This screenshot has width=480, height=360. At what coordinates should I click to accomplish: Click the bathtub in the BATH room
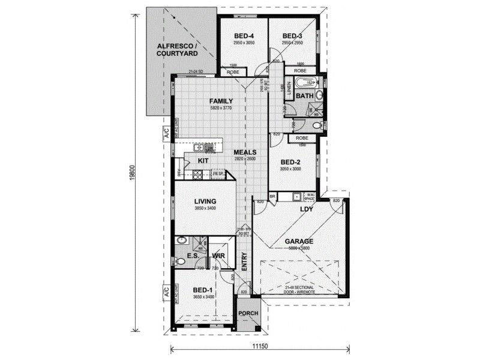pos(305,83)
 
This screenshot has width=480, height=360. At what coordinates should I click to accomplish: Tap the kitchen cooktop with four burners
pos(197,175)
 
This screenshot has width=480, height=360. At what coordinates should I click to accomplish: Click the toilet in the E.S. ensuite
pos(181,261)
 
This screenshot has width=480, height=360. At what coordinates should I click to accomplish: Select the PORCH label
pos(248,314)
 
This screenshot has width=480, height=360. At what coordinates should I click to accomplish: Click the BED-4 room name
pos(243,35)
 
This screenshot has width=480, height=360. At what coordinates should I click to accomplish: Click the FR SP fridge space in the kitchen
pos(217,173)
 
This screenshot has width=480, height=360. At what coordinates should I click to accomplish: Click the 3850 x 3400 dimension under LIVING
pos(205,208)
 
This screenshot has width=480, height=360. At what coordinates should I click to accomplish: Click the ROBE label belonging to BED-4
pos(232,71)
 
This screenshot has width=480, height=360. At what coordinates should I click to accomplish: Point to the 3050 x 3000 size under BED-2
pos(290,169)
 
